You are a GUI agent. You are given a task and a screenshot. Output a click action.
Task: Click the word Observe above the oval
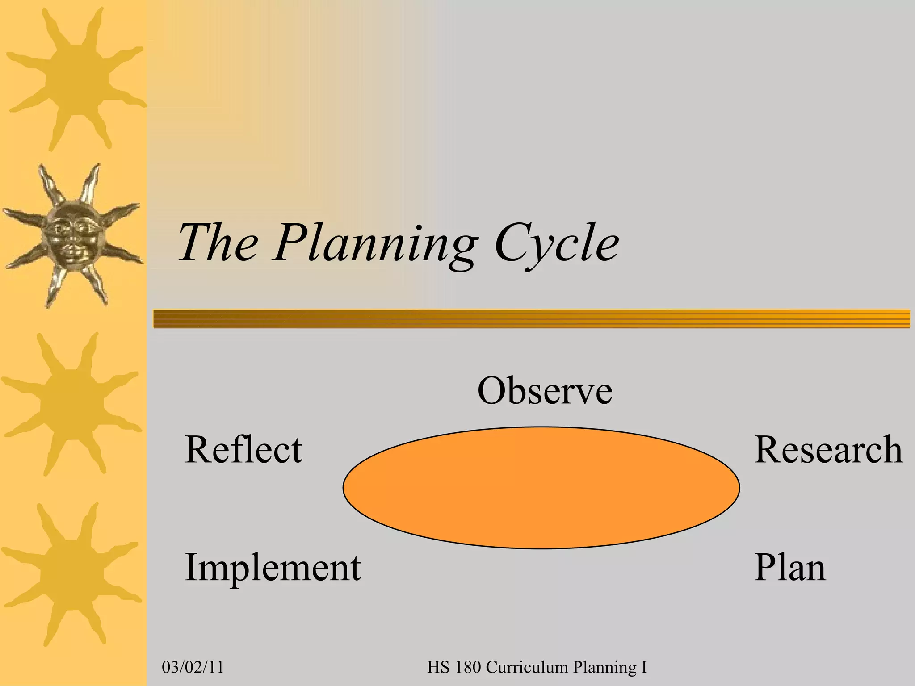(545, 391)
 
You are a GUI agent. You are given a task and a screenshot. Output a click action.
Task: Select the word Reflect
(243, 449)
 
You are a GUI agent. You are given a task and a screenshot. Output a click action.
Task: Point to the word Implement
(273, 567)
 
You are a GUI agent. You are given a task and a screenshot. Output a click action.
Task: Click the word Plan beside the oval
(790, 567)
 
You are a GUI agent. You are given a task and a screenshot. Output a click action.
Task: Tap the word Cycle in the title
(557, 243)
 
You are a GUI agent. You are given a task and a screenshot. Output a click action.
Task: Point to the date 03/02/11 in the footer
(193, 667)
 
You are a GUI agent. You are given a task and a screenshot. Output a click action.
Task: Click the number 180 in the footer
(468, 667)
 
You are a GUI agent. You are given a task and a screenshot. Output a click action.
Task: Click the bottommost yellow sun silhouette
(71, 574)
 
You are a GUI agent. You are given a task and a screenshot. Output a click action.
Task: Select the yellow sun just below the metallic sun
(71, 402)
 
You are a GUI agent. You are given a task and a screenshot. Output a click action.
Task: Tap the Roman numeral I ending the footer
(644, 667)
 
